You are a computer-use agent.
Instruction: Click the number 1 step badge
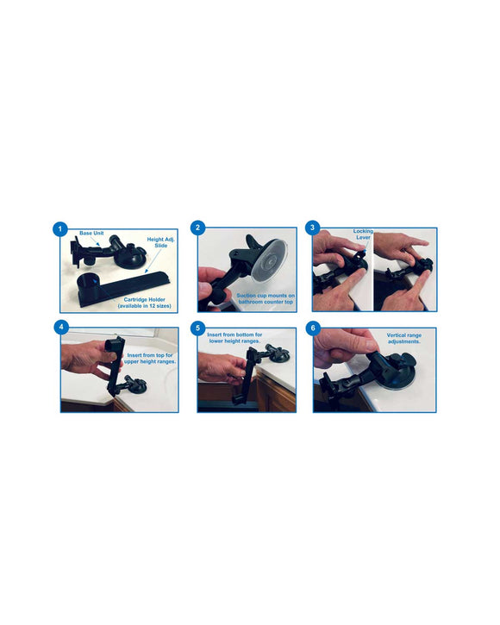[59, 229]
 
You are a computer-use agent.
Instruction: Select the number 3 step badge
[311, 228]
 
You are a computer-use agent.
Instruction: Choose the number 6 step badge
[313, 328]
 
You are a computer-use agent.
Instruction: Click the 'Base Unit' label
[92, 234]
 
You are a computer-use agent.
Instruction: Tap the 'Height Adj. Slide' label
[161, 242]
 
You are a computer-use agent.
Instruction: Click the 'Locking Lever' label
[364, 235]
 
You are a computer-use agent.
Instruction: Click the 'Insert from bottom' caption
[235, 338]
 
